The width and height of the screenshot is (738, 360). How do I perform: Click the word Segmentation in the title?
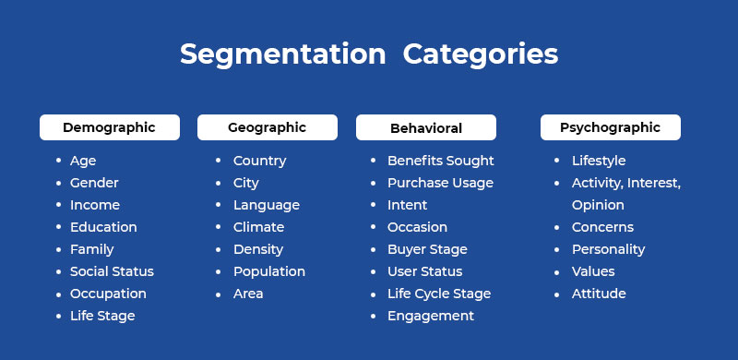tap(282, 54)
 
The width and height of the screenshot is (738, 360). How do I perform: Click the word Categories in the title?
tap(481, 54)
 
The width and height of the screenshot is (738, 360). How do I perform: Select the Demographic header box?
tap(109, 127)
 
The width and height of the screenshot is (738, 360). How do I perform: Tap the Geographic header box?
tap(267, 127)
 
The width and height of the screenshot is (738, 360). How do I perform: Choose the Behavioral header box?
tap(425, 128)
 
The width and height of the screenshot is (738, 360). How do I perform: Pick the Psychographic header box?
tap(610, 127)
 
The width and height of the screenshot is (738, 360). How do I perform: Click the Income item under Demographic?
tap(95, 205)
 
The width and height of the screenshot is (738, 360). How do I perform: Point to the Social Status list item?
tap(112, 271)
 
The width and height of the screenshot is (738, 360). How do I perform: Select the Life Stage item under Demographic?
tap(102, 316)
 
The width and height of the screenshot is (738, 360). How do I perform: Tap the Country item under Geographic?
tap(259, 161)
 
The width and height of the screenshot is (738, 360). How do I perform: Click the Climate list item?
tap(258, 227)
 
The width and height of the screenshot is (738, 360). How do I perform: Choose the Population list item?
tap(268, 271)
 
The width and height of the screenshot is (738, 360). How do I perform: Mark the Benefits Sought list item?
tap(440, 161)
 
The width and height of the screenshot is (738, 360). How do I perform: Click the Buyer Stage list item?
tap(427, 249)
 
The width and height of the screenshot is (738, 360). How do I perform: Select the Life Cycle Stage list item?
tap(438, 294)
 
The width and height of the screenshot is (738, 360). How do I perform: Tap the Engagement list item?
tap(430, 316)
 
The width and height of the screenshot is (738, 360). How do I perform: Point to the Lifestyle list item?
tap(599, 161)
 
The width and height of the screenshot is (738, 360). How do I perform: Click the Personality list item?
tap(608, 249)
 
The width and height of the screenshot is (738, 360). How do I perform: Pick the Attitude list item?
tap(599, 294)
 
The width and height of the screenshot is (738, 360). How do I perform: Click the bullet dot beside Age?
tap(58, 161)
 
